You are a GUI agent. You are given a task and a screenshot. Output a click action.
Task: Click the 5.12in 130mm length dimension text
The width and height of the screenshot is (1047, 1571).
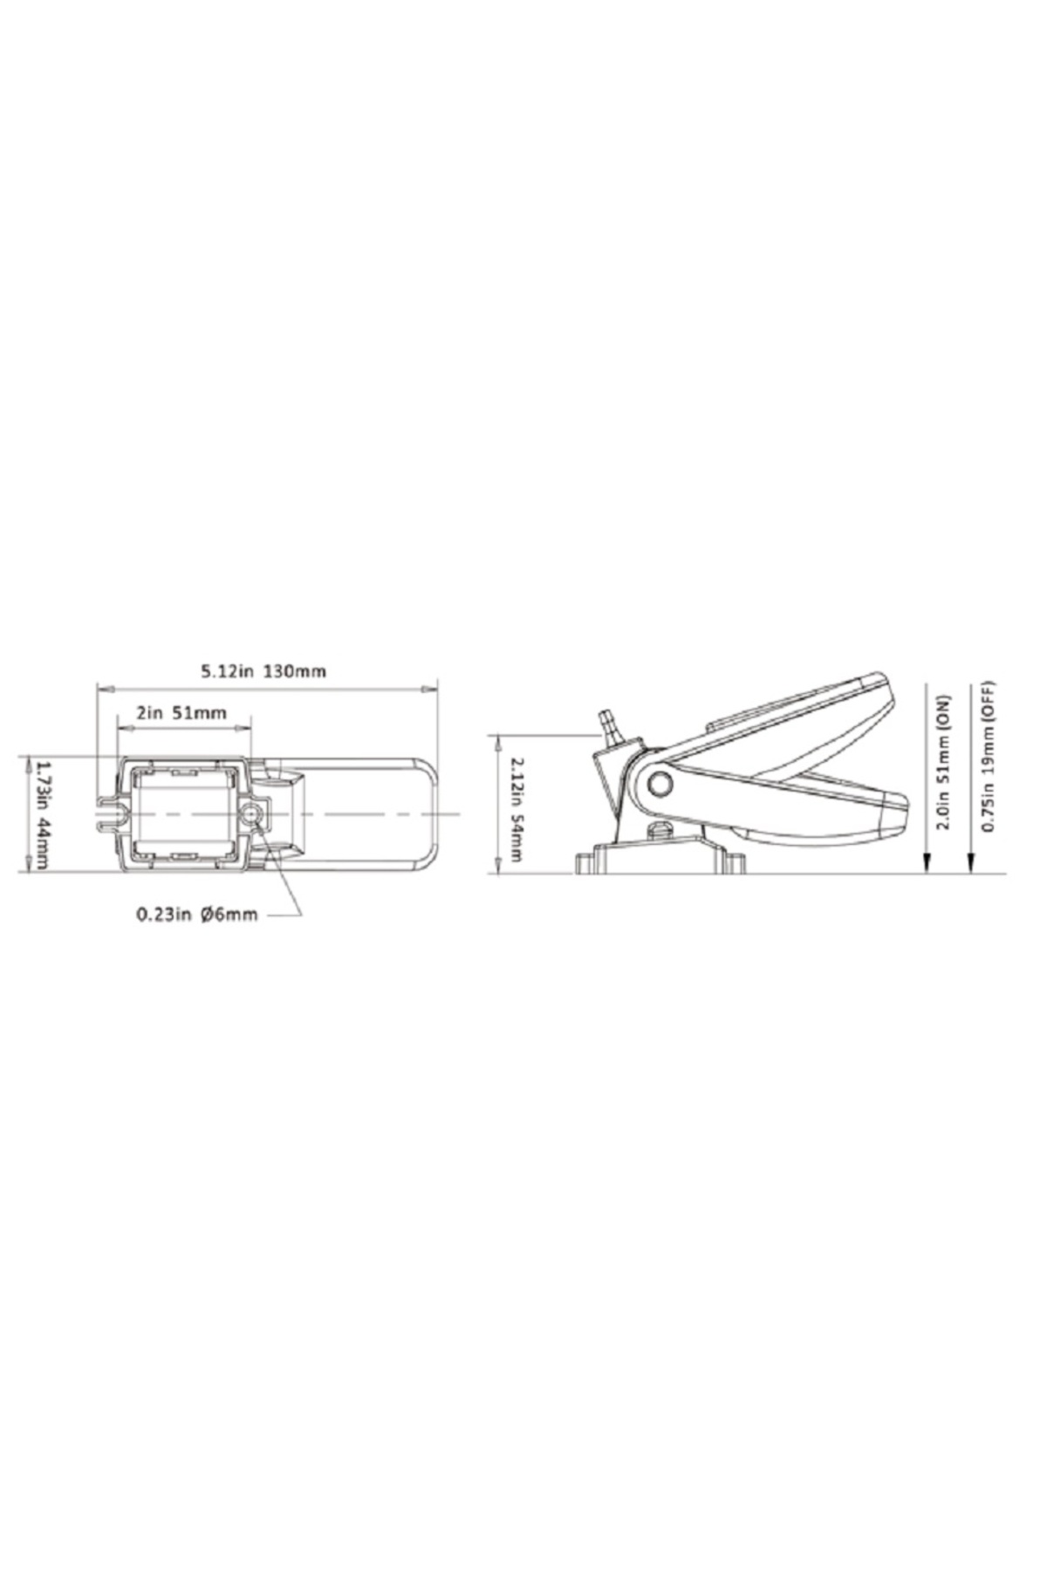263,671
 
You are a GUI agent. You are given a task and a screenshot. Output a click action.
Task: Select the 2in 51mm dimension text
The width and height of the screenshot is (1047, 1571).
181,713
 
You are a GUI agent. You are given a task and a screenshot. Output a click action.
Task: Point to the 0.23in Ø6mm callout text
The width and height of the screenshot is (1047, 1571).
197,915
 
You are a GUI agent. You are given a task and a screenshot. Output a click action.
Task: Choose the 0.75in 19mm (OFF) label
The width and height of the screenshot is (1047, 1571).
989,756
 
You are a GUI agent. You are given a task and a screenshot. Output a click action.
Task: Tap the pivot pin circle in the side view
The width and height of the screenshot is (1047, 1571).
660,783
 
